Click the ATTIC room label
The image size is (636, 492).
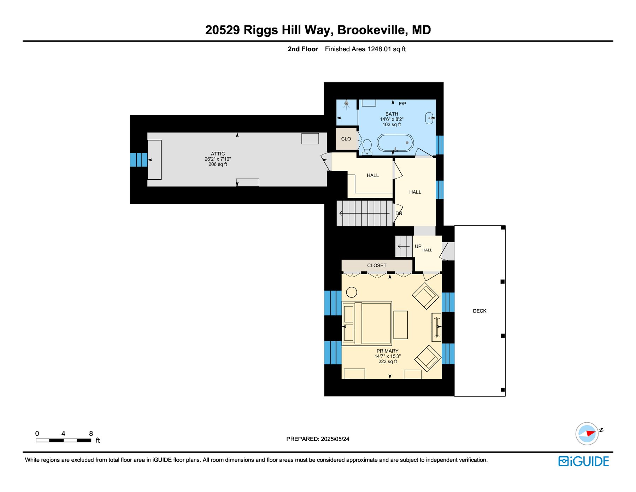click(218, 154)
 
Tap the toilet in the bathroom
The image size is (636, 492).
click(367, 147)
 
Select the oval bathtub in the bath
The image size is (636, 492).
click(395, 143)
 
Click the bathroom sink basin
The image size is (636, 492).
click(429, 118)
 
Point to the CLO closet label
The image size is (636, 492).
click(346, 139)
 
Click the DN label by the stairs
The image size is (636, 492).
click(399, 213)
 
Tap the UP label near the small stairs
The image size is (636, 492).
click(418, 246)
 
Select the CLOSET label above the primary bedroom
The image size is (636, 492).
click(377, 265)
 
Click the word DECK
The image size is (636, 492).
click(479, 311)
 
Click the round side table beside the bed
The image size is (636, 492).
click(352, 292)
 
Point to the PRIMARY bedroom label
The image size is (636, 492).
click(387, 351)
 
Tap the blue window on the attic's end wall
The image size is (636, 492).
click(139, 160)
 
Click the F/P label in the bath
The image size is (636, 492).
click(402, 104)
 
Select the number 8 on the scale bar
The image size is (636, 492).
click(91, 433)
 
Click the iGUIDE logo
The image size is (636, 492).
click(584, 461)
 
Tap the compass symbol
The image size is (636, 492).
click(587, 433)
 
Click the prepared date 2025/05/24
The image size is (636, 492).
click(335, 439)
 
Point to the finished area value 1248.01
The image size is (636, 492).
click(379, 49)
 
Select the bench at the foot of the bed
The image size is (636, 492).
click(400, 325)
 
